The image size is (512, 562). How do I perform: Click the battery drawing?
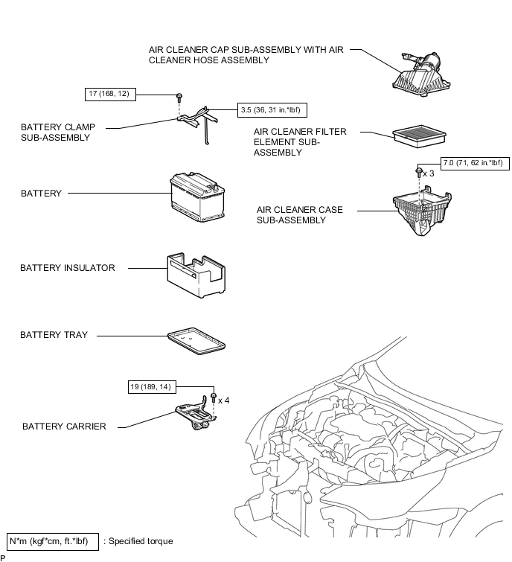[197, 197]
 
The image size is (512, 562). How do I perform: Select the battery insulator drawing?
[196, 275]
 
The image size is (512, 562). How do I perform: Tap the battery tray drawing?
[196, 341]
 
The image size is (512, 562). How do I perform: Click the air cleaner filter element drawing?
[419, 135]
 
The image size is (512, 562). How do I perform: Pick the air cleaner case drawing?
[422, 211]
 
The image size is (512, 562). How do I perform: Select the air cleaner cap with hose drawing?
[421, 74]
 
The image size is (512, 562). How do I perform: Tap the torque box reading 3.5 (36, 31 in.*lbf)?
[272, 110]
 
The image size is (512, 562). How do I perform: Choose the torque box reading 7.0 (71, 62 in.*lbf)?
[475, 163]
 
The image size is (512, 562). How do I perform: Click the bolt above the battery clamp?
[179, 97]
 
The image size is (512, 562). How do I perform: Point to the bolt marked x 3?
[419, 171]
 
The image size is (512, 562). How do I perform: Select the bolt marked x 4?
[214, 397]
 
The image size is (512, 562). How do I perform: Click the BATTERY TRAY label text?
[54, 335]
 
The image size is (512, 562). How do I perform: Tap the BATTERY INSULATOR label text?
[68, 268]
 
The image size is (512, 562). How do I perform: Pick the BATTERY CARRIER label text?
[64, 427]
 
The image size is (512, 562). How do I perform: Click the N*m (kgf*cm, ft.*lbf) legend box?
[53, 541]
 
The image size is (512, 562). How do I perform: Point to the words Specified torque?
[141, 541]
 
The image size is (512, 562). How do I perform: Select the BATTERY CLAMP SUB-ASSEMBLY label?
[58, 132]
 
